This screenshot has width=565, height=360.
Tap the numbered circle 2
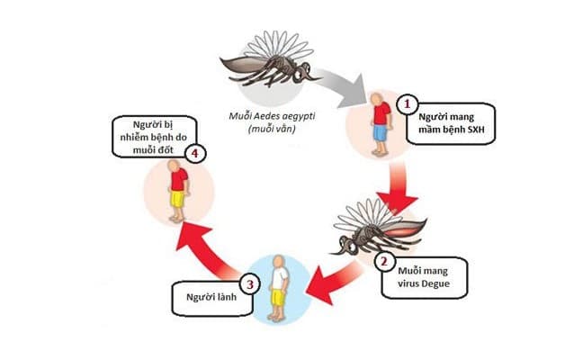coord(383,263)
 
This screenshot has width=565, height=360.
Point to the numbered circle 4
coord(193,155)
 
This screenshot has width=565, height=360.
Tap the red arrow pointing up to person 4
coord(211,247)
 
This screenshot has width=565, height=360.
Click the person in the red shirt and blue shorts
coord(381,126)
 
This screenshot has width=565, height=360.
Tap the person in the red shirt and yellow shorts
coord(176,190)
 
